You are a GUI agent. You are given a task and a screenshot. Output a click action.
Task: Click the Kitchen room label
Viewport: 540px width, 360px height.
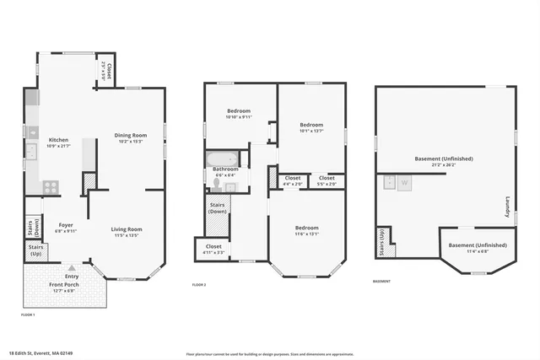(58, 140)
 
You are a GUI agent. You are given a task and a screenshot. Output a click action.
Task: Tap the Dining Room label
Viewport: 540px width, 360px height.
(131, 135)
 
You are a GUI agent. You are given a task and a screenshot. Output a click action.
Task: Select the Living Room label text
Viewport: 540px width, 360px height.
(127, 229)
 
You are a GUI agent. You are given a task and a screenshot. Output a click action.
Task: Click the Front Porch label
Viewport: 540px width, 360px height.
(64, 285)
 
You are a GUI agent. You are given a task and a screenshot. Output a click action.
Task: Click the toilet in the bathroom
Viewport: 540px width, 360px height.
(218, 184)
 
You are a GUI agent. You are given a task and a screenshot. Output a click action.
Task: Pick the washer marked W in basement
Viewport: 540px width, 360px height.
(403, 182)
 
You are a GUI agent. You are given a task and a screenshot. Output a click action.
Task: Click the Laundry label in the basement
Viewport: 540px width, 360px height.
(508, 206)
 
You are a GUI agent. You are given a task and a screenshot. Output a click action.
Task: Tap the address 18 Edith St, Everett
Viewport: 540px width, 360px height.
(40, 353)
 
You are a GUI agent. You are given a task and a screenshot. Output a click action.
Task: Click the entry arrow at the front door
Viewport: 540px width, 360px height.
(73, 264)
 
